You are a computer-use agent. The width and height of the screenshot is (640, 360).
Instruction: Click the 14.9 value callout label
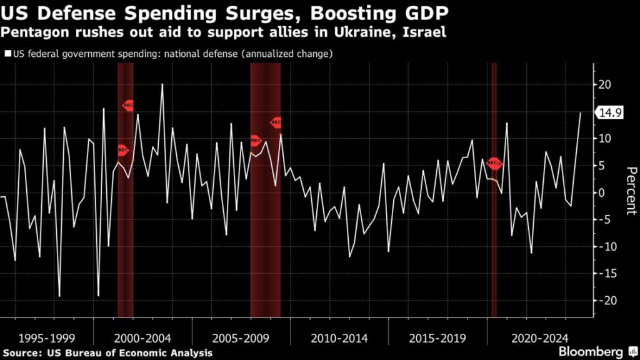coord(609,113)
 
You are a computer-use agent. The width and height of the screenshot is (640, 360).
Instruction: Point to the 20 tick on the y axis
coord(605,84)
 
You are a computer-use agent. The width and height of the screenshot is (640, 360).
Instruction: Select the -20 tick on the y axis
coord(604,301)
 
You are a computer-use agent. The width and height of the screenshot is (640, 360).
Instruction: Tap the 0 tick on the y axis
coord(602,192)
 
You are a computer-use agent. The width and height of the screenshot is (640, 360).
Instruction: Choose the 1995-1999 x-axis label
coord(47,338)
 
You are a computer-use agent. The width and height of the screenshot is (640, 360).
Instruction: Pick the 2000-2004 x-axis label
coord(143,338)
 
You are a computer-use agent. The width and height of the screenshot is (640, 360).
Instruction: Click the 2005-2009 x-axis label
coord(241,338)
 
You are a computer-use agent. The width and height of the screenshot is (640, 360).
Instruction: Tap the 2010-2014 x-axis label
coord(339,338)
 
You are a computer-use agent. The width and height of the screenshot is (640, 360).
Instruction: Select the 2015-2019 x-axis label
coord(437,338)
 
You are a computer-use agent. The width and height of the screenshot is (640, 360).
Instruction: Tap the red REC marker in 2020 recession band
coord(494,164)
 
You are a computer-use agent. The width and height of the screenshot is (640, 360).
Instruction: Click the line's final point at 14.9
coord(580,113)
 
